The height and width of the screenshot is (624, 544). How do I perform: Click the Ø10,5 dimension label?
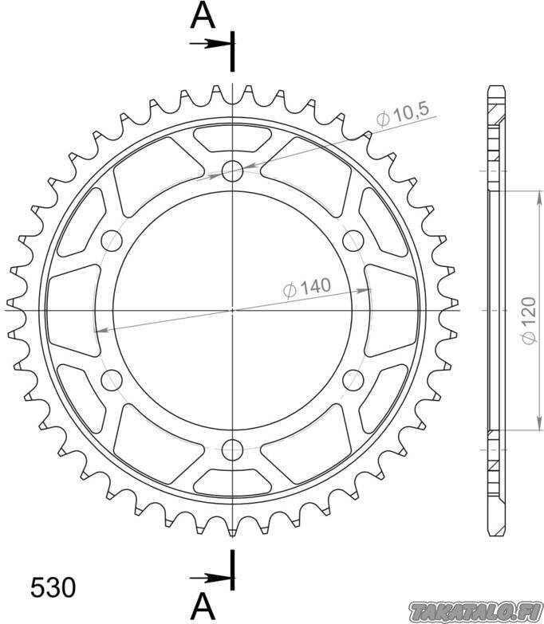[x=403, y=114]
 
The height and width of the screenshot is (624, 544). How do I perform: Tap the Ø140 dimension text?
[x=307, y=287]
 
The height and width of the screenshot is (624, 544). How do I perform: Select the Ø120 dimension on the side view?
[x=529, y=320]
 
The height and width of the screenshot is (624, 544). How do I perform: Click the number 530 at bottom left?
[x=53, y=587]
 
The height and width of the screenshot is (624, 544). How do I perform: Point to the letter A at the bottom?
[x=203, y=607]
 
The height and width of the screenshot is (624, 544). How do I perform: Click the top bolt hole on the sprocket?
[x=233, y=171]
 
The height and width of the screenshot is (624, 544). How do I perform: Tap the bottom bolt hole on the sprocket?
[x=233, y=449]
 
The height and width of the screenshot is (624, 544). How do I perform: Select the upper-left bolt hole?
[x=112, y=241]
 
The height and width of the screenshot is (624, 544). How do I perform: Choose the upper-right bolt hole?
[x=353, y=241]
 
